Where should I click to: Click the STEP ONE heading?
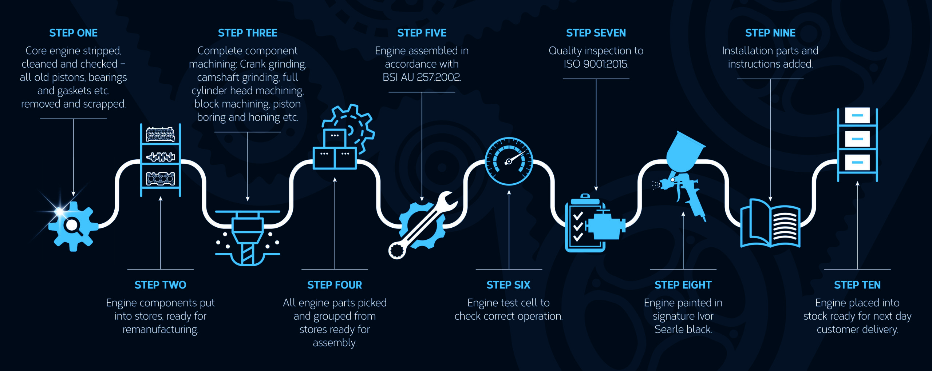coord(73,33)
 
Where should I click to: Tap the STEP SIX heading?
coord(509,285)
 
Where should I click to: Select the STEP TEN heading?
coord(857,285)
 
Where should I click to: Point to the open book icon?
coord(770,223)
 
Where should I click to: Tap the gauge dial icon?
coord(509,161)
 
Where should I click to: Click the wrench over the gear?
coord(422,226)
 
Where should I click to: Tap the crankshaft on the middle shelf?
coord(161,157)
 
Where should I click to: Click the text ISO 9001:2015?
coord(596,64)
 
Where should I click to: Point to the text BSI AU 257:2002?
coord(422,77)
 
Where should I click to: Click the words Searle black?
coord(683,330)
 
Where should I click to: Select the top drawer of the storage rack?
coord(857,116)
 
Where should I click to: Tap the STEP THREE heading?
coord(248,33)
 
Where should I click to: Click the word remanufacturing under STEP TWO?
coord(161,330)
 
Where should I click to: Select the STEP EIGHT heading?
coord(683,285)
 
